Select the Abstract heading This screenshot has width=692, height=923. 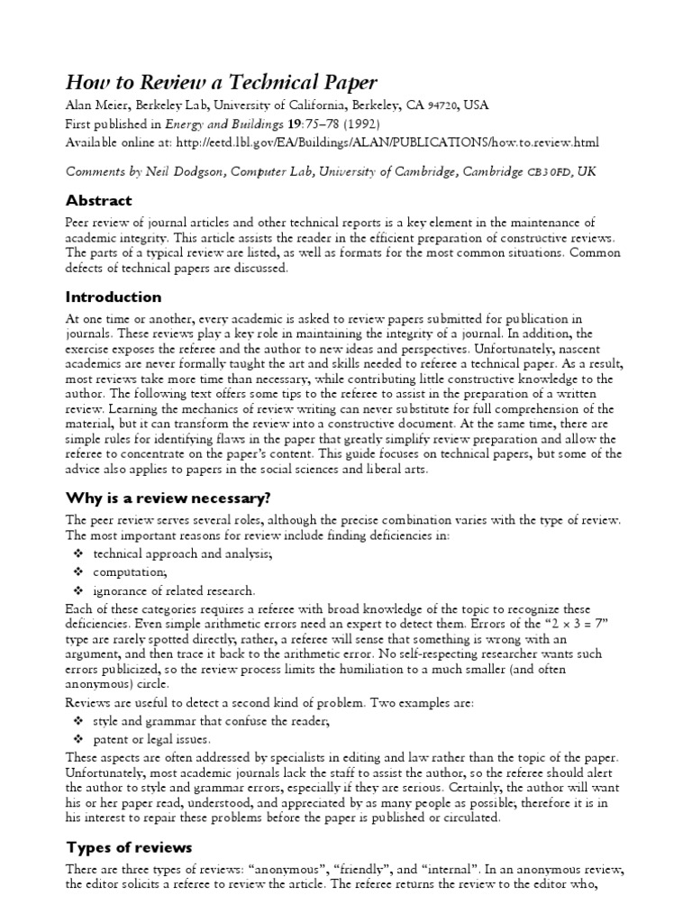click(98, 200)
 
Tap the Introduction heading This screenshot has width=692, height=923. click(114, 297)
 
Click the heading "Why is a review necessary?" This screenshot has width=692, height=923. click(168, 498)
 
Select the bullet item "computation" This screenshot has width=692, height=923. click(129, 572)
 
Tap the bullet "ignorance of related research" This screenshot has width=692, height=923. click(174, 591)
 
